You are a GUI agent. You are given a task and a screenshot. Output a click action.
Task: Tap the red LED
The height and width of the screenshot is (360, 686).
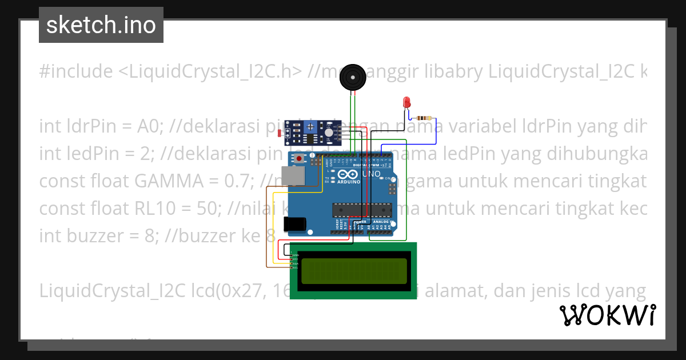(407, 102)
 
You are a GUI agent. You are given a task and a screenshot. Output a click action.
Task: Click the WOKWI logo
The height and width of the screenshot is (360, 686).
(608, 315)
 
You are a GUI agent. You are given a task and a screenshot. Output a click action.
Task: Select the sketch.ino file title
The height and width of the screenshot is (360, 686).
(101, 25)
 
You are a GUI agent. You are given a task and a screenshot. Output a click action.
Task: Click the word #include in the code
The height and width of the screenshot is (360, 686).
(76, 71)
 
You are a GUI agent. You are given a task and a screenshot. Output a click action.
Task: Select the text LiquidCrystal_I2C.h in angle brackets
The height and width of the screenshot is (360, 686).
(211, 71)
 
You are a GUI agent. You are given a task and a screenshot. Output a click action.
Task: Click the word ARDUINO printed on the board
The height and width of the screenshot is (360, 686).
(348, 182)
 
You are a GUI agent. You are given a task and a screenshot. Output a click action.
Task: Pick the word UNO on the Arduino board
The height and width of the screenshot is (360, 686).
(373, 174)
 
